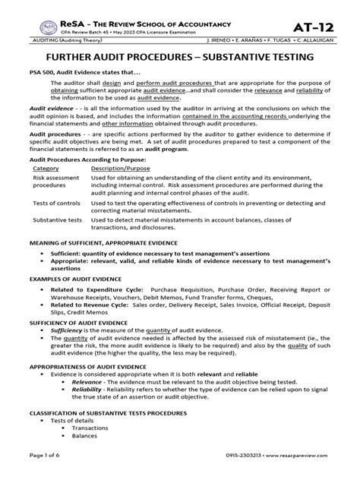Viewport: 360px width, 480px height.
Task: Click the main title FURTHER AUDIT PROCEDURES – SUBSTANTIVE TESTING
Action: pyautogui.click(x=179, y=57)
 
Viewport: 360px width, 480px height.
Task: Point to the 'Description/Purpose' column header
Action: pyautogui.click(x=125, y=169)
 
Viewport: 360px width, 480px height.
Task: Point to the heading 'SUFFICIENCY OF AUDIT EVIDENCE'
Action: pyautogui.click(x=78, y=323)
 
